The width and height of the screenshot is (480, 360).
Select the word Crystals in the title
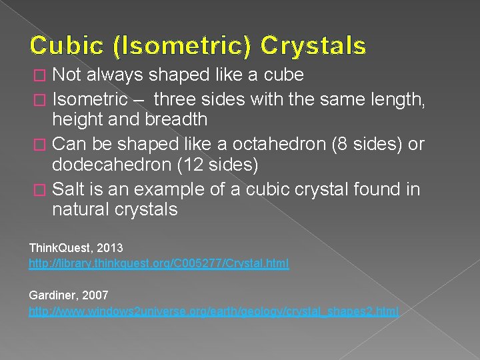coord(313,45)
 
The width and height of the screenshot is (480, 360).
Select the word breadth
coord(175,120)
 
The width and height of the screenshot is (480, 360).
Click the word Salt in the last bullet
coord(69,189)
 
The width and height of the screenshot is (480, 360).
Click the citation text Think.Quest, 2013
coord(76,248)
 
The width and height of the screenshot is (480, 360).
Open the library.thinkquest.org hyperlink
coord(159,264)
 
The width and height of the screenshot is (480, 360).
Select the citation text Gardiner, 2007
coord(69,295)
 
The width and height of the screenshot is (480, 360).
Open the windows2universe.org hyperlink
coord(213,311)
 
